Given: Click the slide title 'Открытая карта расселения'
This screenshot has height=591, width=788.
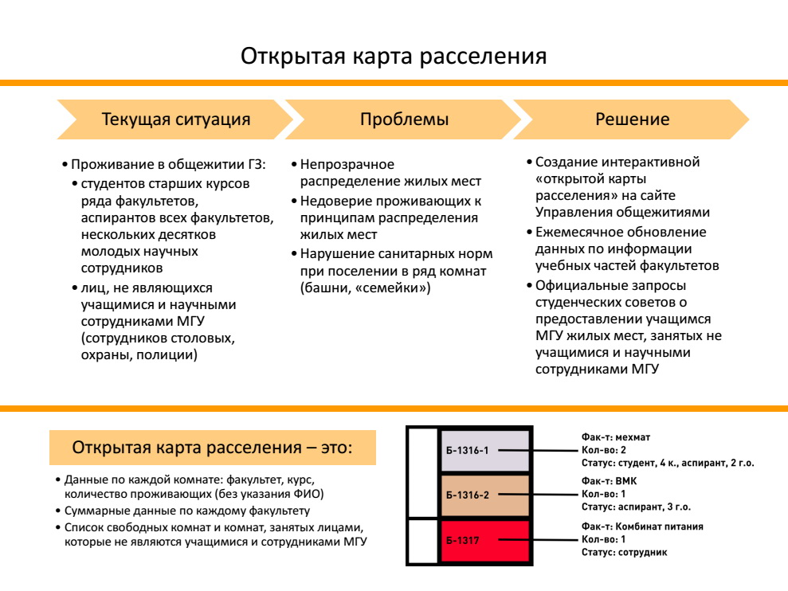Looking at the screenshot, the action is point(394,56).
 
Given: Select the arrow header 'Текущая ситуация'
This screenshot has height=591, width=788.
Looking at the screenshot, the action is point(175,119).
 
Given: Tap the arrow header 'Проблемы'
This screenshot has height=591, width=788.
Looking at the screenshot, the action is point(404,119).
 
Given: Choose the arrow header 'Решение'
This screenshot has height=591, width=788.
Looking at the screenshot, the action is point(632,119).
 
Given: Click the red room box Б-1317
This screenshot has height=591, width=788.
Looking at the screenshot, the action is point(485,541).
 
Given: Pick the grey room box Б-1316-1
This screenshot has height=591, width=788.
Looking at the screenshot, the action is point(485,450).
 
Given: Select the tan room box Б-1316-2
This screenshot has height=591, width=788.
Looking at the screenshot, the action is point(485,495).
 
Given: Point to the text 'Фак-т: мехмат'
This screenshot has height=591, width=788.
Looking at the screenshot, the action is point(616,437).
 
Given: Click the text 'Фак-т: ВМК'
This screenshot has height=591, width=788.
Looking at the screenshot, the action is point(609,481).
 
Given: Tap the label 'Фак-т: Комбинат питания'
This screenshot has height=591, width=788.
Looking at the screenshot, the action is point(642,526).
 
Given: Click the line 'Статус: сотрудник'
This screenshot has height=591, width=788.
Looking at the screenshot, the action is point(624,552).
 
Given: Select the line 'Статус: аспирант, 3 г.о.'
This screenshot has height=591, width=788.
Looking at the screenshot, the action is point(636,507).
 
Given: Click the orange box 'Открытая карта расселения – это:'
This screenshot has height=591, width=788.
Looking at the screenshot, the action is point(213,448).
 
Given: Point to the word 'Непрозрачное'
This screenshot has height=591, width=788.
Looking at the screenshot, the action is point(347,165).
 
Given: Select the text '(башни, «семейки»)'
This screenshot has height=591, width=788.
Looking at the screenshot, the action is point(366,288).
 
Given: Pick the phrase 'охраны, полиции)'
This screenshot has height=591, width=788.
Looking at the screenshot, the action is point(139,354).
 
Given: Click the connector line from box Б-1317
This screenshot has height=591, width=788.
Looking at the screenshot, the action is point(537,540).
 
